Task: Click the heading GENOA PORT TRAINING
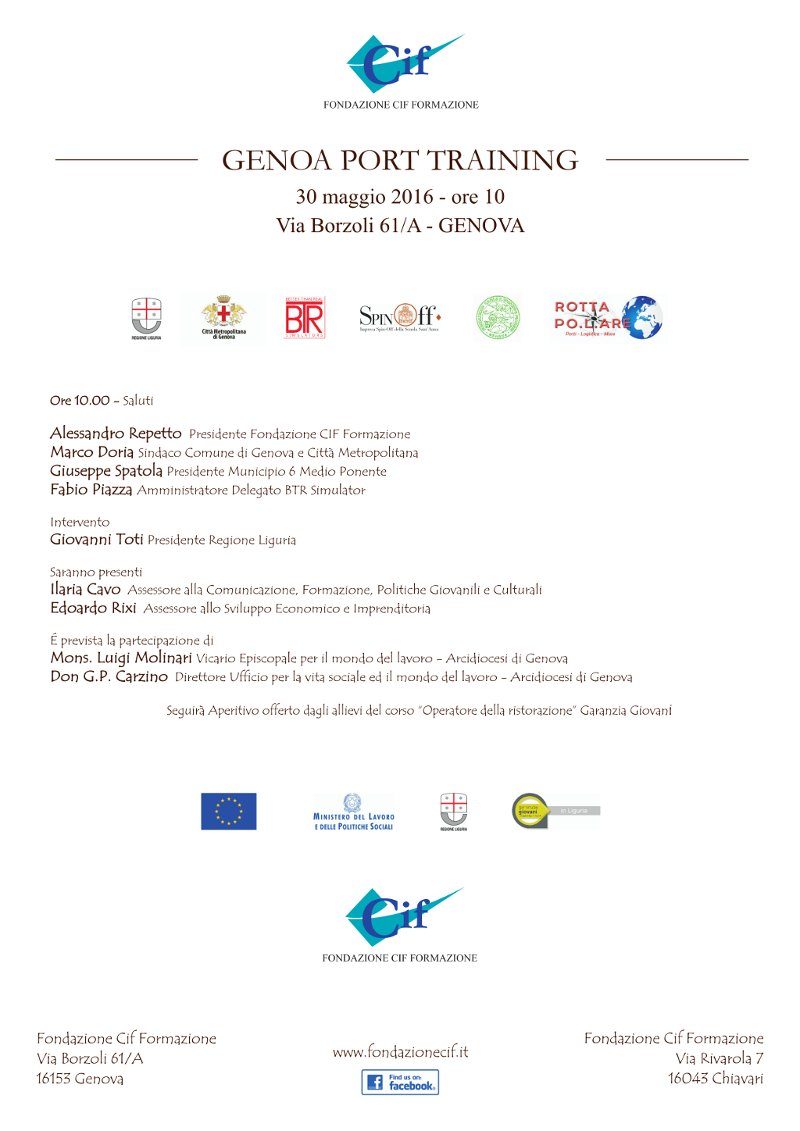[x=400, y=160]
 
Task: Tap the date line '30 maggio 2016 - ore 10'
[x=400, y=195]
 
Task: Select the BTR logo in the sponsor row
[x=303, y=318]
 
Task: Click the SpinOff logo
[x=399, y=318]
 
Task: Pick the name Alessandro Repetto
[x=116, y=434]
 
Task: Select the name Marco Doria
[x=91, y=452]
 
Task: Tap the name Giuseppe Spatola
[x=106, y=471]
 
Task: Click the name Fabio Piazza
[x=91, y=490]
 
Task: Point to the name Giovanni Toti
[x=96, y=540]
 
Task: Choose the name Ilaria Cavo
[x=85, y=590]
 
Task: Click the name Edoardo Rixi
[x=93, y=608]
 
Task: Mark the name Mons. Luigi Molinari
[x=121, y=658]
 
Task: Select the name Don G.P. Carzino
[x=109, y=677]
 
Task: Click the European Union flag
[x=228, y=811]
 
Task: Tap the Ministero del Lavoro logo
[x=353, y=811]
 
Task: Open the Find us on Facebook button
[x=400, y=1082]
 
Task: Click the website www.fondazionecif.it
[x=400, y=1052]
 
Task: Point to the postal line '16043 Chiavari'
[x=715, y=1078]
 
